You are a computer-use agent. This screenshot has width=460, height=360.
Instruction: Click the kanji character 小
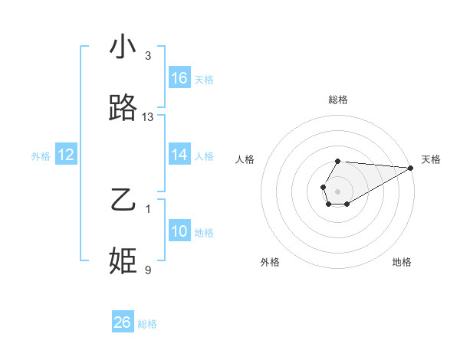coord(123,47)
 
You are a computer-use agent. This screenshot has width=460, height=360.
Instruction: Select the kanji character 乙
coord(123,200)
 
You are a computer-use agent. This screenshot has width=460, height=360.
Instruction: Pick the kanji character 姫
coord(123,260)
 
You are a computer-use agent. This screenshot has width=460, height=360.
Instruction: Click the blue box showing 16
coord(179,78)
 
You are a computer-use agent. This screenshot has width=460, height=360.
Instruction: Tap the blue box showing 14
coord(179,155)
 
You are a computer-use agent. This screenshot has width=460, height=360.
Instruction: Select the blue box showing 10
coord(179,231)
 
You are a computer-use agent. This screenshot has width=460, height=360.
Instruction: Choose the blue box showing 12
coord(66,155)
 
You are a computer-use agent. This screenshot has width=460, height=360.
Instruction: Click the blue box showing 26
coord(123,322)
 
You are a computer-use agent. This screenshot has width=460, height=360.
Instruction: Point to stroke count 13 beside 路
coord(148,117)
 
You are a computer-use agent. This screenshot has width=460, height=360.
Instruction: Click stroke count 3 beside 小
coord(148,56)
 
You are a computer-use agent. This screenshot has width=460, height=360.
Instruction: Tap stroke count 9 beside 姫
coord(148,270)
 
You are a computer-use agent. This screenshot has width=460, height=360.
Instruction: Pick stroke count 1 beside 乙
coord(148,209)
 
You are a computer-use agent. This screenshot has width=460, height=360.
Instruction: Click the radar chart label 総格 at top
coord(338,100)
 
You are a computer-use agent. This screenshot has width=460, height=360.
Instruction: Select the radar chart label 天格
coord(431,159)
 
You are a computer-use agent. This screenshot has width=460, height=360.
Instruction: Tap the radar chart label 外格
coord(270,262)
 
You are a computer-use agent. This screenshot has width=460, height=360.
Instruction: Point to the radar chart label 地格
coord(402,262)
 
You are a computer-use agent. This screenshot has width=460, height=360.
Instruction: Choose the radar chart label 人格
coord(245,159)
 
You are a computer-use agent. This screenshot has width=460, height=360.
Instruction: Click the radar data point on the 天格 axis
coord(411,168)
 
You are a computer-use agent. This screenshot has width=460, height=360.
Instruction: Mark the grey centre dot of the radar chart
coord(338,191)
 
